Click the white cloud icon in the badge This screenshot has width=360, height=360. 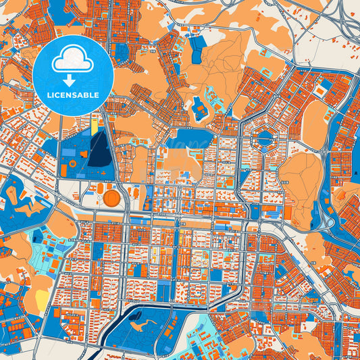[x=73, y=59]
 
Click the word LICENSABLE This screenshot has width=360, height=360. [x=73, y=95]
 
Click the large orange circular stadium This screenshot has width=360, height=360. [x=111, y=199]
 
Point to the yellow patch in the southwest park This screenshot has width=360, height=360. [x=42, y=298]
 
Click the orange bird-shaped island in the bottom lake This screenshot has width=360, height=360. [x=139, y=328]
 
